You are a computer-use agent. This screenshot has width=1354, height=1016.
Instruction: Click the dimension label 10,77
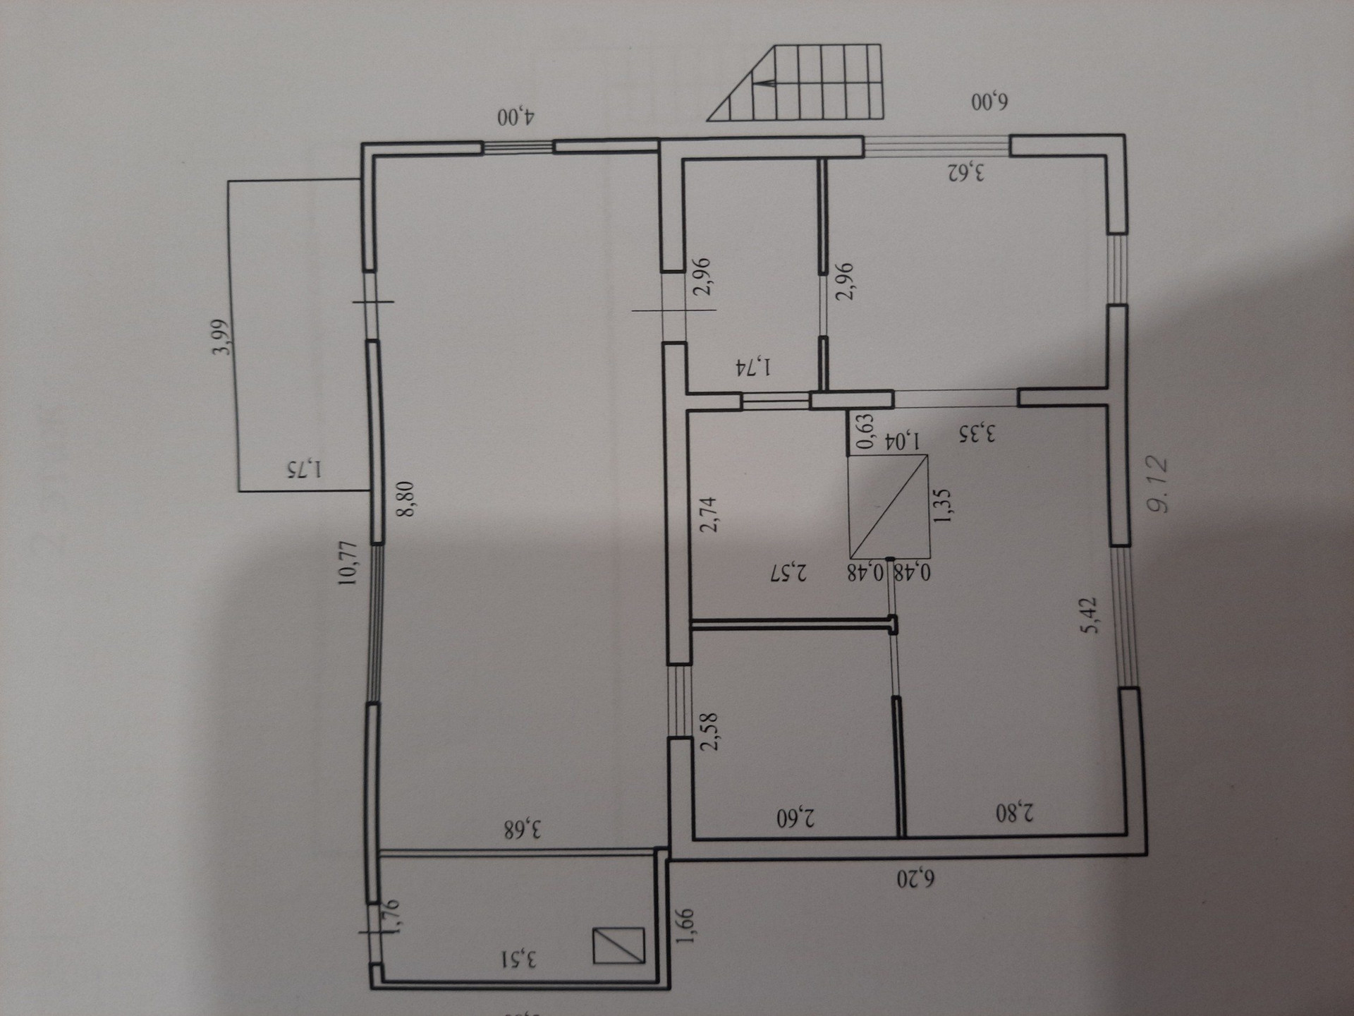pos(348,562)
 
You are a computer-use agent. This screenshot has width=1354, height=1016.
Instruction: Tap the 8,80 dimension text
pos(407,500)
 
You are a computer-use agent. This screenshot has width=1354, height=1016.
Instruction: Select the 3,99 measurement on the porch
pos(221,337)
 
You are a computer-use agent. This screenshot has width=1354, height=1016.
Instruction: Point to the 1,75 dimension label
pos(304,468)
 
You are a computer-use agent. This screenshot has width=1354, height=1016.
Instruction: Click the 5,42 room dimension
pos(1090,615)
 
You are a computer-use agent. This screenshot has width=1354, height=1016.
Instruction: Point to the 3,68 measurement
pos(523,829)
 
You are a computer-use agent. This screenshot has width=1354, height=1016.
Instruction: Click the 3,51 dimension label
pos(519,960)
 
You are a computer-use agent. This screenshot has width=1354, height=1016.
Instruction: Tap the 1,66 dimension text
pos(685,925)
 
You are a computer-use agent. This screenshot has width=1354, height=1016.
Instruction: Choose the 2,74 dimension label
pos(709,514)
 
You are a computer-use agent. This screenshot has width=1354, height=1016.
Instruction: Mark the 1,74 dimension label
pos(753,368)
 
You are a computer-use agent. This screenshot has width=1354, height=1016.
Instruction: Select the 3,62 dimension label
pos(965,171)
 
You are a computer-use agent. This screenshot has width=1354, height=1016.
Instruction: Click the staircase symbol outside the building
pos(804,83)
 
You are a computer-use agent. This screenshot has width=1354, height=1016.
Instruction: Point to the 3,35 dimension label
pos(977,433)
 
